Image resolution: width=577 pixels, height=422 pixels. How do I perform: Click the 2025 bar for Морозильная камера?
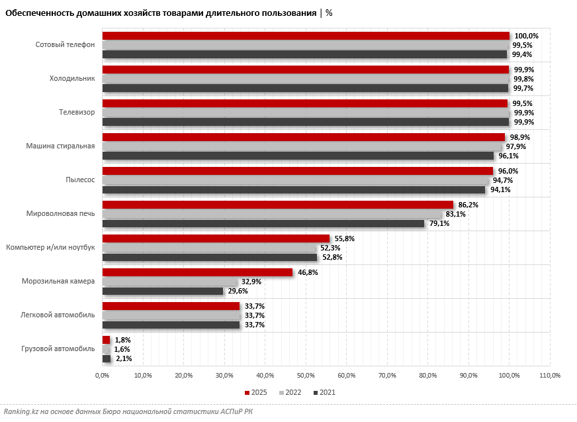197,272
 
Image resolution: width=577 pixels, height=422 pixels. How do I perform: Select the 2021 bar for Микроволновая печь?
263,223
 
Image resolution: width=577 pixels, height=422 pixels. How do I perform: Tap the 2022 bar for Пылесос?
295,180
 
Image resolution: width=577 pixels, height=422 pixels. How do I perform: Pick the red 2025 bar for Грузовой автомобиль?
106,340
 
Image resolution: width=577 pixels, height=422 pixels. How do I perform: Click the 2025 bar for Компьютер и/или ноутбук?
216,238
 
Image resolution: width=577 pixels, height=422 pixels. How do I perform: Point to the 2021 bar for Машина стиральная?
298,156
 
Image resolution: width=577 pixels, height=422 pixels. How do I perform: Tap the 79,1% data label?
439,223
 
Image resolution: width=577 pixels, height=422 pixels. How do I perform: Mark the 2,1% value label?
124,358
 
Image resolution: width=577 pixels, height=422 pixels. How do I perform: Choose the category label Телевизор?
77,112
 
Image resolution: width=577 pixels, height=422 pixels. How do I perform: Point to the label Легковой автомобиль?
58,315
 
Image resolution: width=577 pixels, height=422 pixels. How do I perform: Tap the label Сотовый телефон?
65,44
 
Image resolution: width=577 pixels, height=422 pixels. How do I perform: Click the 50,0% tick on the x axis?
306,376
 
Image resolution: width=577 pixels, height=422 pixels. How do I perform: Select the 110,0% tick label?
550,376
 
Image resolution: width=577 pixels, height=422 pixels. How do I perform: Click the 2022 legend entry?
290,392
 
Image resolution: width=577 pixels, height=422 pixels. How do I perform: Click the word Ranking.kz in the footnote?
21,412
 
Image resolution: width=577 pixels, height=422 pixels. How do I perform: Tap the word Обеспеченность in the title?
38,13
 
